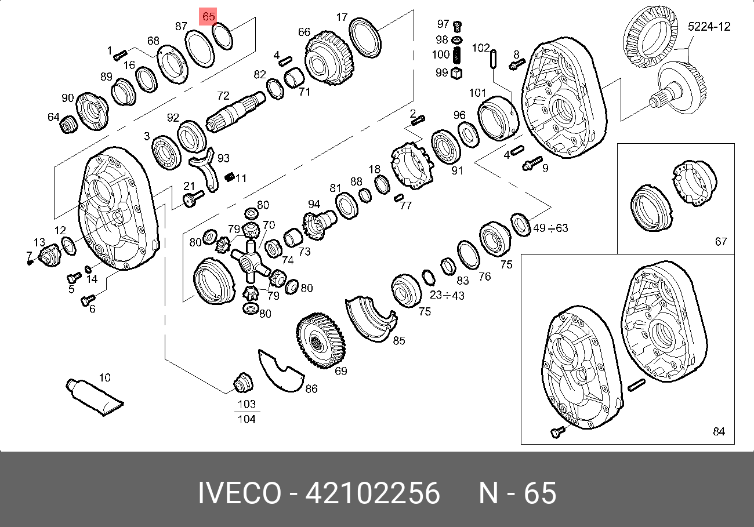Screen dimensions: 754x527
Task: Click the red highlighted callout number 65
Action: click(208, 16)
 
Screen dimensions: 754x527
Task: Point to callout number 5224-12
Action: click(709, 27)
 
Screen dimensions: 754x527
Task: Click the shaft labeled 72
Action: click(235, 112)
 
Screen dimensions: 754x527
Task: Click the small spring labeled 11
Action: click(230, 177)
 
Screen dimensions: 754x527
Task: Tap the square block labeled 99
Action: click(456, 74)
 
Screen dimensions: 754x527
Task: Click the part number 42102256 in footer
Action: click(372, 493)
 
